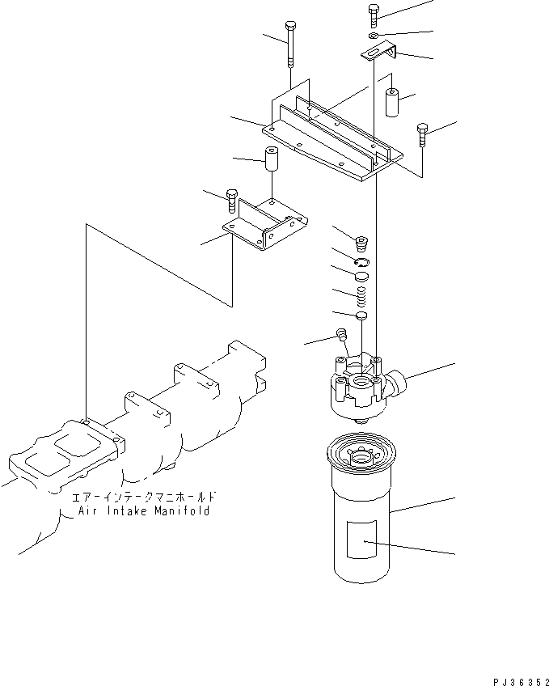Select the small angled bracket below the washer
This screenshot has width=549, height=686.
378,53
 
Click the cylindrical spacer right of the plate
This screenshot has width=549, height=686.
394,103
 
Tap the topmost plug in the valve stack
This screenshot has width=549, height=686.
361,240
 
